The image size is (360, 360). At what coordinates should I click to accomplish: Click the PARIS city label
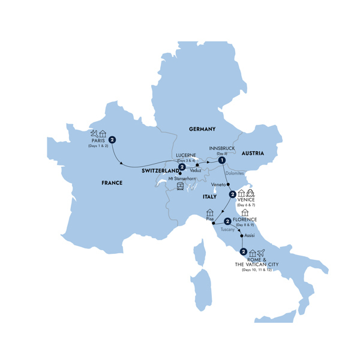pos(97,142)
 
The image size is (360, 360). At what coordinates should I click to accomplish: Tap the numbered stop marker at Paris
pos(112,140)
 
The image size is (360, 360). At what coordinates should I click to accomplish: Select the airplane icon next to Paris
pos(93,133)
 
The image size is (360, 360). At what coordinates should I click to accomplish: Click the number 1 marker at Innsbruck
pos(221,160)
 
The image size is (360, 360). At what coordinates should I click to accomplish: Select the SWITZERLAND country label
pos(160,171)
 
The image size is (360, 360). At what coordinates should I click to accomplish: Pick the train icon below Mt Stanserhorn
pos(181,187)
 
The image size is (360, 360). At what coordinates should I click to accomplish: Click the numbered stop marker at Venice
pos(231,195)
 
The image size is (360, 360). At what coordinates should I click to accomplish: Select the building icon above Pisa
pos(210,212)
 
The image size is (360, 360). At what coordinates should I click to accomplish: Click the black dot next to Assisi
pos(241,236)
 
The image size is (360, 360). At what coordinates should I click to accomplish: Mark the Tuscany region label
pos(228,229)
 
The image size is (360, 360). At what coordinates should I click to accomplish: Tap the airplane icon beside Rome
pos(261,253)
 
